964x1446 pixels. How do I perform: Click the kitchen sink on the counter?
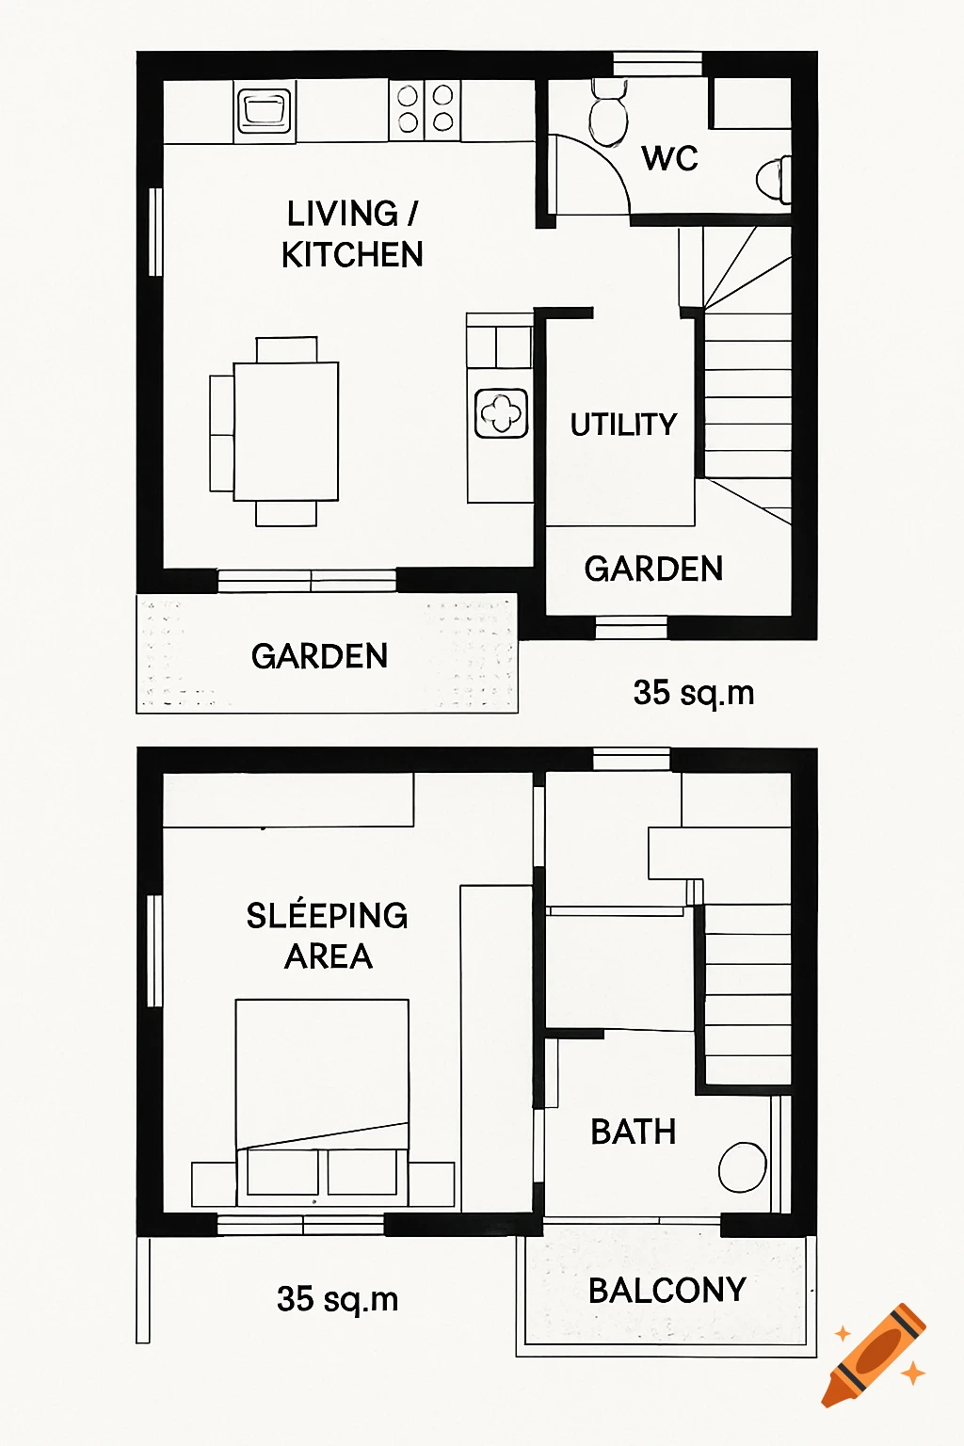point(265,110)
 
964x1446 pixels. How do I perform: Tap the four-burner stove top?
point(426,109)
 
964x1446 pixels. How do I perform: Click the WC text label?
point(670,158)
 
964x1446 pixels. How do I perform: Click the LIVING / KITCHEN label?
point(352,234)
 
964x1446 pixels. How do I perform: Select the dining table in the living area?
point(285,431)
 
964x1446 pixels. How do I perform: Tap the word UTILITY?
point(623,425)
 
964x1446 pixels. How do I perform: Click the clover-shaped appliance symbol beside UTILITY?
point(501,413)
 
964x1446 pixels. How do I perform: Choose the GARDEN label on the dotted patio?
point(319,656)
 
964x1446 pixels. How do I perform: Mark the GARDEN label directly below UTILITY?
point(653,569)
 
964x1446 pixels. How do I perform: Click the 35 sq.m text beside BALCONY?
point(337,1299)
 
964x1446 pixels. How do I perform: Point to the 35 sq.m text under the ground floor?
point(694,693)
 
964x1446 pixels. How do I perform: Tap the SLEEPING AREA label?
point(327,936)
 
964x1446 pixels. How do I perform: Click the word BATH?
point(633,1132)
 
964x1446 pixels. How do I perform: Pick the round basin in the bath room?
point(742,1167)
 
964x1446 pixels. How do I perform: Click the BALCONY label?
point(667,1290)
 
